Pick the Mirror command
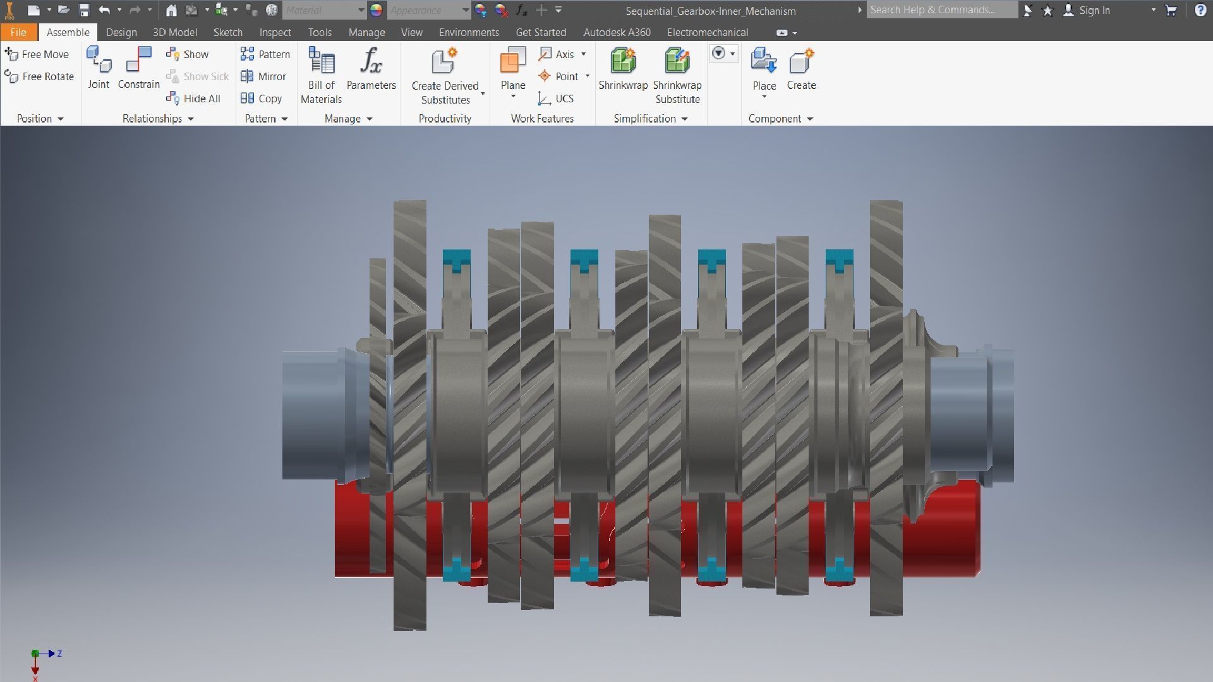tap(263, 76)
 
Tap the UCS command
tap(556, 99)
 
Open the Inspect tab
tap(275, 32)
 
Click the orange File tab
tap(18, 32)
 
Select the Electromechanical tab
tap(707, 32)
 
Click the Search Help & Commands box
tap(941, 10)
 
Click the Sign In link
tap(1094, 10)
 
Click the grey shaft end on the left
tap(313, 414)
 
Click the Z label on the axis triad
tap(59, 654)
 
